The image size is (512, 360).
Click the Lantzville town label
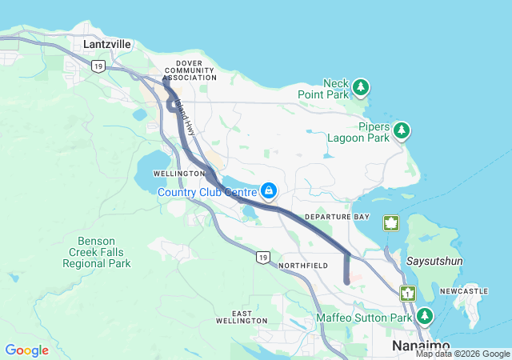click(x=108, y=45)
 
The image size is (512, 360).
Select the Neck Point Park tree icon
click(x=362, y=86)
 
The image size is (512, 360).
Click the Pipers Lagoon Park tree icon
click(x=401, y=130)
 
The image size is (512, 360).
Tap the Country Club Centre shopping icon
click(x=269, y=191)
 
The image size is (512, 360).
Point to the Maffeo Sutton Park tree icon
click(x=425, y=317)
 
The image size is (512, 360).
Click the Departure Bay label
click(x=337, y=217)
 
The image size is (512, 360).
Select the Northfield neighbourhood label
click(x=303, y=264)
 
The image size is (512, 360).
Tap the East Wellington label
click(x=241, y=316)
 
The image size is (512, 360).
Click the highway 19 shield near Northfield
click(x=262, y=257)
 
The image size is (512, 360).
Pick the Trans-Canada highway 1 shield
click(x=407, y=294)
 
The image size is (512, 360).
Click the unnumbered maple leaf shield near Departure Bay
click(x=390, y=222)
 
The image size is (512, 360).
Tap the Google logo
click(x=26, y=350)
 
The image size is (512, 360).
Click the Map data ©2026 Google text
click(x=462, y=354)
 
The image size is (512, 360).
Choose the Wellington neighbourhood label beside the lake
click(x=179, y=174)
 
